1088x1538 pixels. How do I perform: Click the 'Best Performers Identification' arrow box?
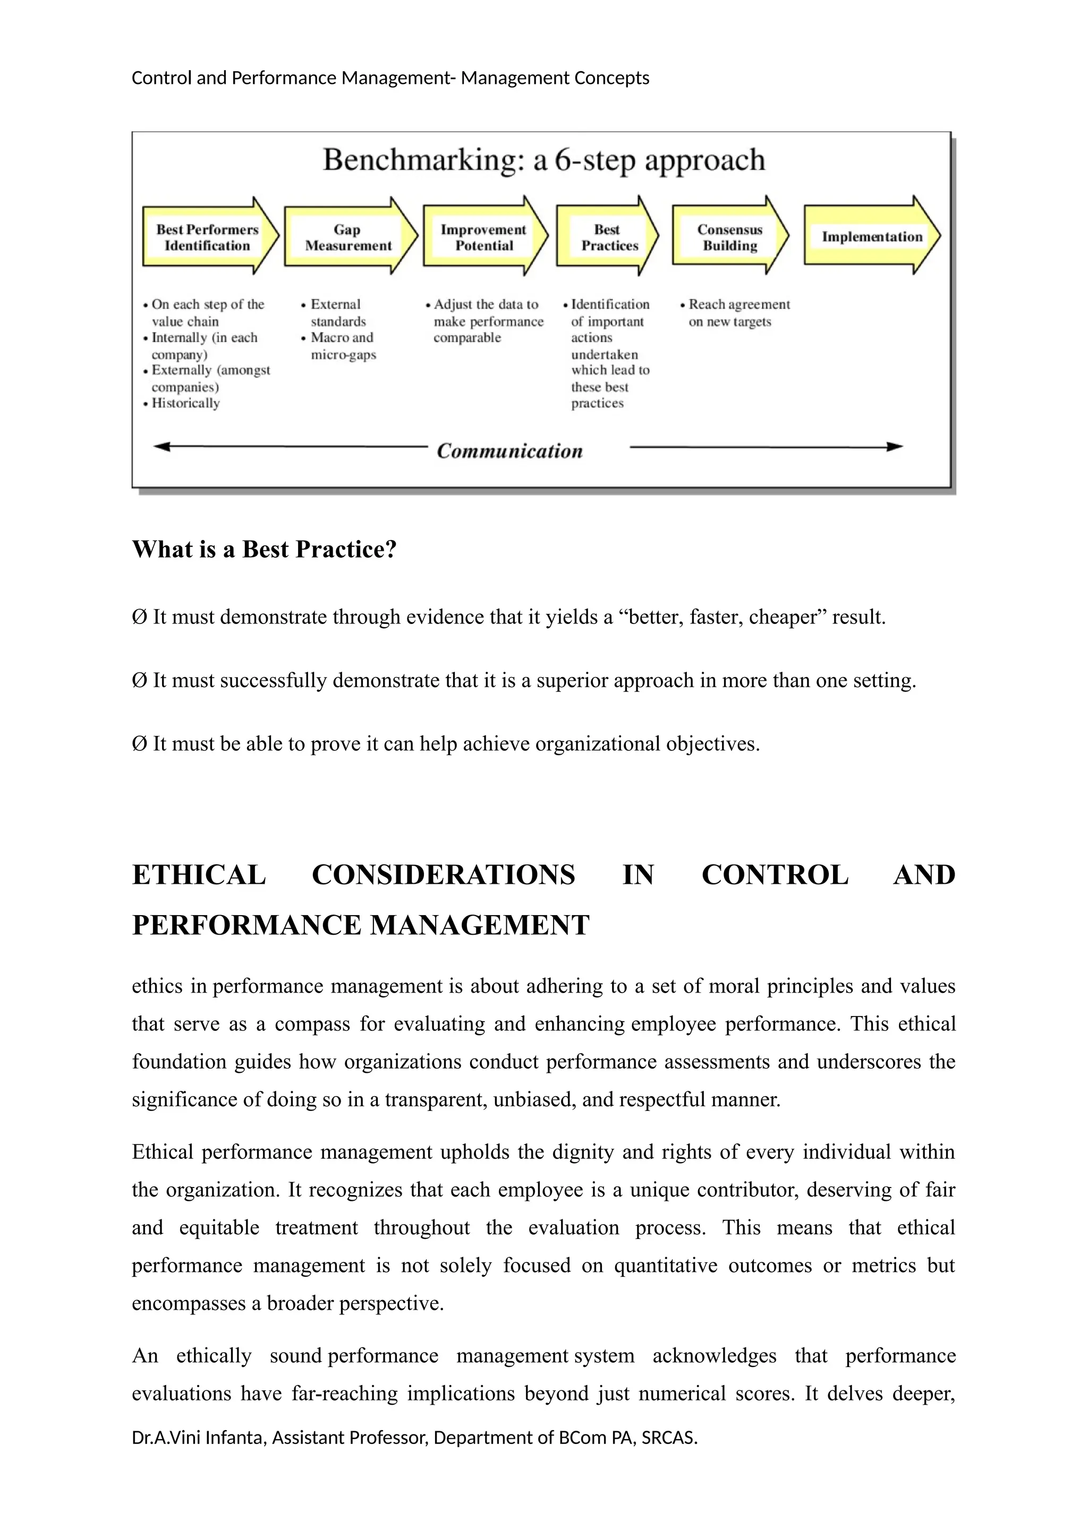pyautogui.click(x=207, y=237)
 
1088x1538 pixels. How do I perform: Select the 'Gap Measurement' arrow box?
pyautogui.click(x=348, y=237)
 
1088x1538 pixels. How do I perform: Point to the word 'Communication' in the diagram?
pyautogui.click(x=509, y=451)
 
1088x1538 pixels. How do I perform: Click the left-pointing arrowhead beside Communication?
pyautogui.click(x=161, y=446)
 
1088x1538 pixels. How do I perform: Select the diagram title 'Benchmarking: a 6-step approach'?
pyautogui.click(x=543, y=160)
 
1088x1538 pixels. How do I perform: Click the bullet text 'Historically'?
pyautogui.click(x=185, y=403)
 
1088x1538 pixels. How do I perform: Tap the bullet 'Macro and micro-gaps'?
pyautogui.click(x=342, y=346)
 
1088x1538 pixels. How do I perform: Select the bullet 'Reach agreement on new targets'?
pyautogui.click(x=738, y=313)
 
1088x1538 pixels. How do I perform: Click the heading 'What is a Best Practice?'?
pyautogui.click(x=264, y=549)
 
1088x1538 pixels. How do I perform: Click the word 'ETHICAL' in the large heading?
pyautogui.click(x=199, y=875)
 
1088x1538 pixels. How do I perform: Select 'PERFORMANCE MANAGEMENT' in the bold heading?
pyautogui.click(x=360, y=925)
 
